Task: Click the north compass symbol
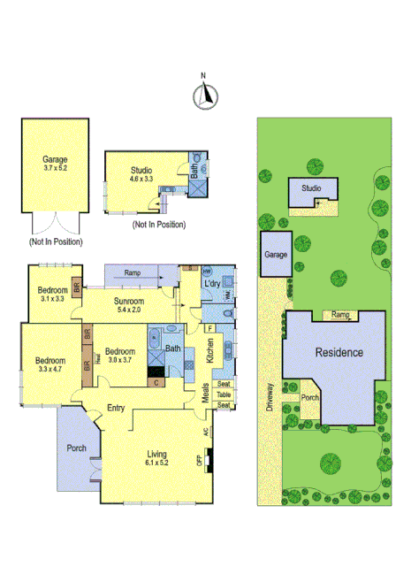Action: point(207,93)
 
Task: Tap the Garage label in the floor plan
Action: point(55,163)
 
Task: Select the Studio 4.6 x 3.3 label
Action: point(141,175)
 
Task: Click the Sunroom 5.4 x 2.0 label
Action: point(128,305)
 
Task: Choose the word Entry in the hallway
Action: point(116,408)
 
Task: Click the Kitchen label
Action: point(210,350)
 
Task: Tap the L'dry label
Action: point(211,283)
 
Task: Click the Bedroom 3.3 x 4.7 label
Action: point(50,365)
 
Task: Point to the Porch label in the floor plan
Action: point(76,448)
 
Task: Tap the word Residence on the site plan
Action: point(339,352)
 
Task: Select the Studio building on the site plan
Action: point(310,189)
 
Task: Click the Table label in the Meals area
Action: point(224,394)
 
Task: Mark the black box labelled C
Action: point(156,383)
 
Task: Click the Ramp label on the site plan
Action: point(341,314)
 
